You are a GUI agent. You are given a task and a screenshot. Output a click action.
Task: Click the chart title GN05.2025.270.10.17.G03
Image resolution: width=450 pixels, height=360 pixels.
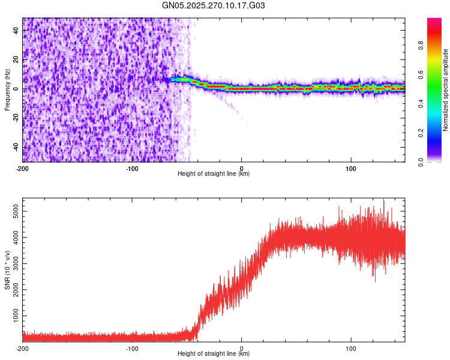point(214,5)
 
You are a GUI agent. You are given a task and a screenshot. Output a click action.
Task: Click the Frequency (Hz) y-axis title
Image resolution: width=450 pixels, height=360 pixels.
point(7,90)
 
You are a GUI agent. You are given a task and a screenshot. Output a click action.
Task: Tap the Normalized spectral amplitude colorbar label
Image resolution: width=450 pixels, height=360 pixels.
point(446,89)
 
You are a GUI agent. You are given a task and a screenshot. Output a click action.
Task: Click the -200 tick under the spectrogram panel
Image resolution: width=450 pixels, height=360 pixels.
point(23,168)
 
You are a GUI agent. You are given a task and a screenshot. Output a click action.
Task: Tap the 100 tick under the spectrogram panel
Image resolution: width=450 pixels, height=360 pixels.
point(350,168)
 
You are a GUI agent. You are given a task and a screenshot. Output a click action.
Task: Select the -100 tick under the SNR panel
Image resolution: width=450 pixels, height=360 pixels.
point(132,348)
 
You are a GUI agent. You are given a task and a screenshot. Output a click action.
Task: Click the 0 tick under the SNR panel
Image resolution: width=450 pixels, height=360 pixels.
point(242,348)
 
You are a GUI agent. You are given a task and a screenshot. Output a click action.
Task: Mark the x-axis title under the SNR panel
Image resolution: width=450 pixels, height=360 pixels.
point(214,354)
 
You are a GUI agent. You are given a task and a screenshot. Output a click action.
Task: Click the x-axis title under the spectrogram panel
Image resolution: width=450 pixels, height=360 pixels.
point(214,174)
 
